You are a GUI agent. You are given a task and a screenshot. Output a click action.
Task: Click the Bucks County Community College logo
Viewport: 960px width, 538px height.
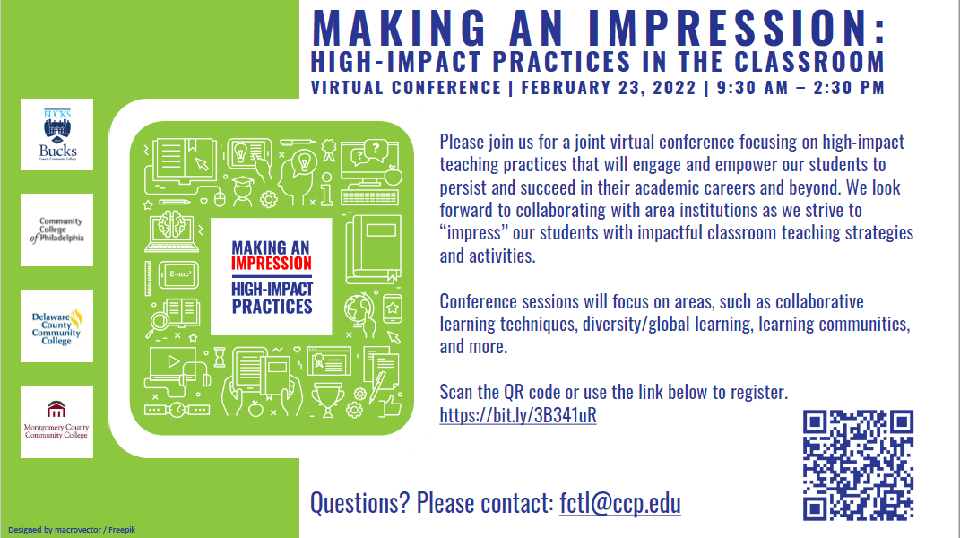pyautogui.click(x=57, y=134)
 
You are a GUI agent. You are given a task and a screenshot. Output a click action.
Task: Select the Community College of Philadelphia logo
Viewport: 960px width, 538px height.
pyautogui.click(x=57, y=230)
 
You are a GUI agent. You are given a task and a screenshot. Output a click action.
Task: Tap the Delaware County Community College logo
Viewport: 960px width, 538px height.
pyautogui.click(x=57, y=326)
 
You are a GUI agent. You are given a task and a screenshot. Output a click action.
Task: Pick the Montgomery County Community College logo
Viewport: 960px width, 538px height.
pyautogui.click(x=57, y=421)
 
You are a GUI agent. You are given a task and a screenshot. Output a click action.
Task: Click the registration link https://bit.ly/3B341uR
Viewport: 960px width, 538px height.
pyautogui.click(x=518, y=415)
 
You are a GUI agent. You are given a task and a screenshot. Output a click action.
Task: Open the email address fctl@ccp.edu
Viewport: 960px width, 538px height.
pyautogui.click(x=620, y=503)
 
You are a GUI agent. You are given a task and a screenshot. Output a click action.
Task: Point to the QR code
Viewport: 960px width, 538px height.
pyautogui.click(x=859, y=465)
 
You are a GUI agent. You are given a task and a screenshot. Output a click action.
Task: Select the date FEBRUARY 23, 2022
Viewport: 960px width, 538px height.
pyautogui.click(x=609, y=88)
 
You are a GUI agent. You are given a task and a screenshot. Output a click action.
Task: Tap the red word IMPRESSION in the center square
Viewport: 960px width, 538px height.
pyautogui.click(x=272, y=264)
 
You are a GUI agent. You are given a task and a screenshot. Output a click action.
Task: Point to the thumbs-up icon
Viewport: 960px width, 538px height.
pyautogui.click(x=389, y=405)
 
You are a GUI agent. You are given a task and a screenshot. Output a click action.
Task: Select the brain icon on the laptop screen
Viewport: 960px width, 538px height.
pyautogui.click(x=171, y=224)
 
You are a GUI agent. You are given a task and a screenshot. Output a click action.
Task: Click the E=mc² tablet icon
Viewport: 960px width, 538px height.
pyautogui.click(x=178, y=274)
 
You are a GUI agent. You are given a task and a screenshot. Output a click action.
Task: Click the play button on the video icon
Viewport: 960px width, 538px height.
pyautogui.click(x=174, y=361)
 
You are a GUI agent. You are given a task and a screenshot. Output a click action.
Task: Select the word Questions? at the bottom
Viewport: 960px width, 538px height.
pyautogui.click(x=360, y=503)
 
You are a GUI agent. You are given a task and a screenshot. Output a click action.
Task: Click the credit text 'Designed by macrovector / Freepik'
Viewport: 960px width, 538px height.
pyautogui.click(x=72, y=530)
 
